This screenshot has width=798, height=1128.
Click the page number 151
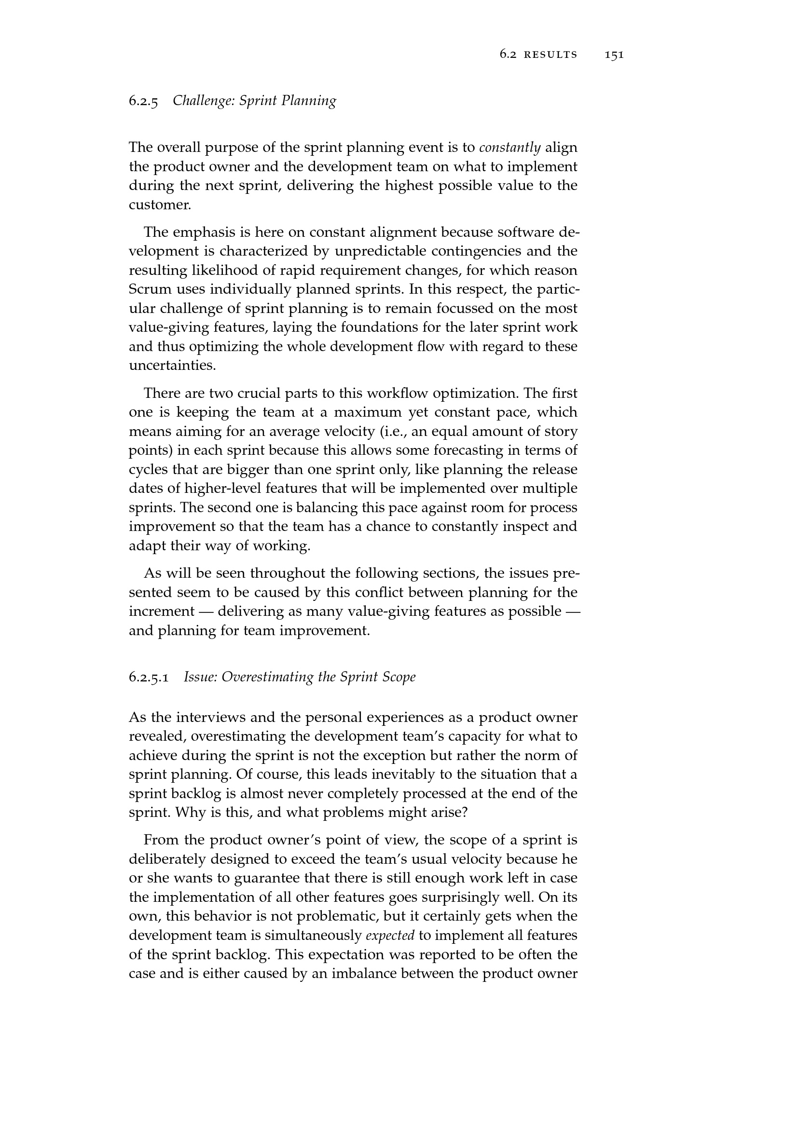614,55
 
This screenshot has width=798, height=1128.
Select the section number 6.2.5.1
149,678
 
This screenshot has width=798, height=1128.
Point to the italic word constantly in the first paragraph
509,148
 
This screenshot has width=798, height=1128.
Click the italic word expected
390,936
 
